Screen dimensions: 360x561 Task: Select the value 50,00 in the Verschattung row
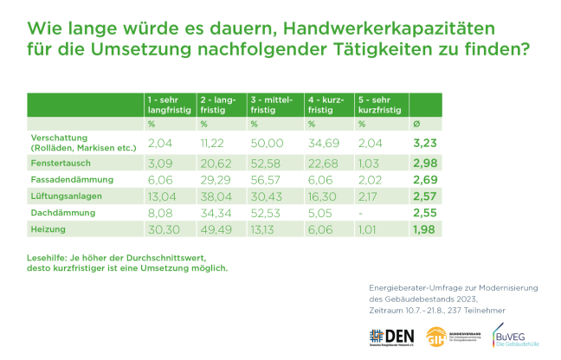pos(268,142)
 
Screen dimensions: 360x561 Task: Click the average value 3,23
pos(424,142)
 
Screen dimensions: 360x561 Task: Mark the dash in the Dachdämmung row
pos(361,212)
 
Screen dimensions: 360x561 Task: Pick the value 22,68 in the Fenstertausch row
pos(323,163)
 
